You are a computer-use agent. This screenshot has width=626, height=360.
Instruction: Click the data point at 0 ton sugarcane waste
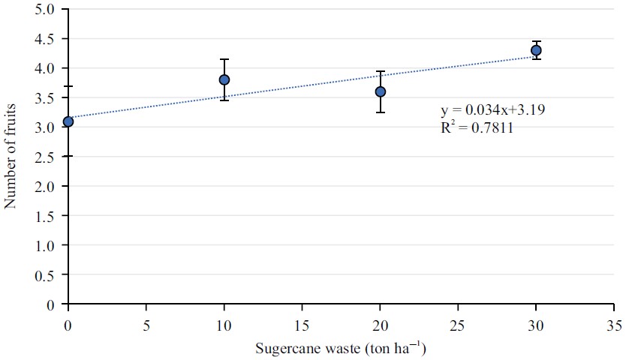[68, 121]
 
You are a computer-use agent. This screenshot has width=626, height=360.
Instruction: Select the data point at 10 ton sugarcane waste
[224, 79]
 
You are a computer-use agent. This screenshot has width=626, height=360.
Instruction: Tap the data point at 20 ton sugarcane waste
[381, 91]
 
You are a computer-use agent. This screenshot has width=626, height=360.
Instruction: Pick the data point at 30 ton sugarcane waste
[536, 50]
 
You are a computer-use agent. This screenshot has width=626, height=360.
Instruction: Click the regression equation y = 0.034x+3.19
[492, 110]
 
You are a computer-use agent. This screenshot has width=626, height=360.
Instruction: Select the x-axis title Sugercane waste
[341, 349]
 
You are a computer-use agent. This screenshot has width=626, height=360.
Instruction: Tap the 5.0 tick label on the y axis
[46, 10]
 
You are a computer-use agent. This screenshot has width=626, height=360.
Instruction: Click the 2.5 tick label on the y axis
[46, 157]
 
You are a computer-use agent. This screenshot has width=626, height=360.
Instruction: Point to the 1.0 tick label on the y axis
[46, 245]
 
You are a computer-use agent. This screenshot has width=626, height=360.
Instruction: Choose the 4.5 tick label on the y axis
[46, 39]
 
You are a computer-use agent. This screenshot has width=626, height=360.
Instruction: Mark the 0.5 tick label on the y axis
[46, 275]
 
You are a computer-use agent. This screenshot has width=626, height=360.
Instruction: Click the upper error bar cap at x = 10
[224, 59]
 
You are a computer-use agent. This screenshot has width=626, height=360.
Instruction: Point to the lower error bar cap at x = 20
[381, 112]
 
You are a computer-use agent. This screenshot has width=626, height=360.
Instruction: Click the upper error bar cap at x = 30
[536, 41]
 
